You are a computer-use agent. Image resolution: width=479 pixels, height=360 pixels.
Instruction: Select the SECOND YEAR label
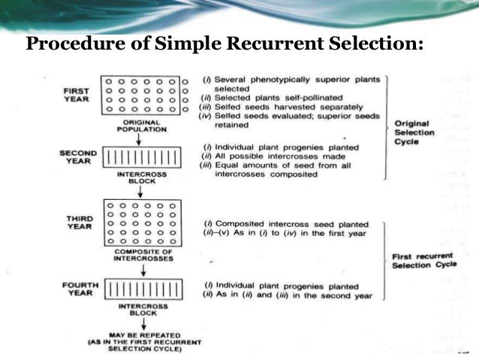pos(77,157)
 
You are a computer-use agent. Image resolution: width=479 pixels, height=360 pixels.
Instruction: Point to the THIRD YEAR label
pos(78,223)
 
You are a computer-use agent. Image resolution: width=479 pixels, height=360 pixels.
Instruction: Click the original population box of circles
pos(141,95)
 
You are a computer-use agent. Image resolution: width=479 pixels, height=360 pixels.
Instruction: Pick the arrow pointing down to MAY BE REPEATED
pos(141,323)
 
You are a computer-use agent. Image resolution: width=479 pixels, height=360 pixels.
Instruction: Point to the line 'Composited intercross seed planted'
pos(286,225)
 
